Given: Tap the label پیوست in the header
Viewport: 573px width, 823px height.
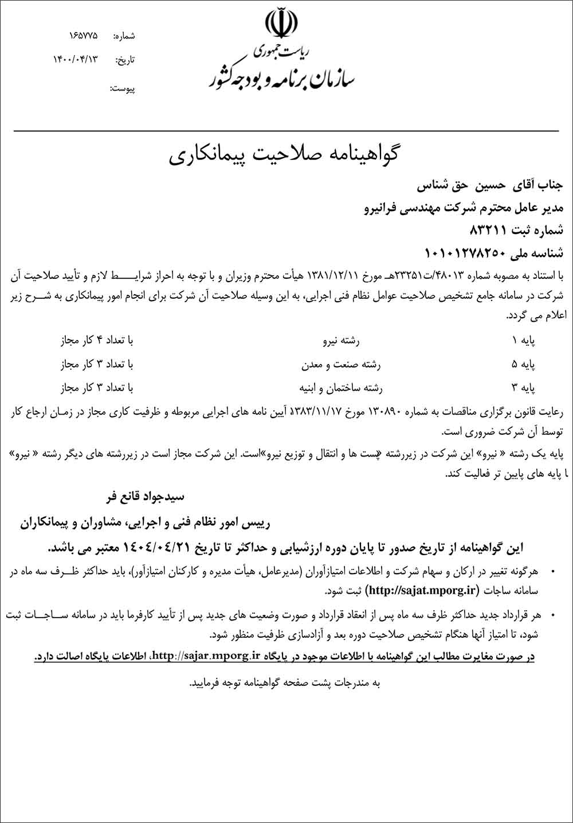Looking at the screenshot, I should [122, 89].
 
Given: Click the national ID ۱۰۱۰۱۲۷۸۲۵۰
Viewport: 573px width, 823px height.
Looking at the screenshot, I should [472, 252].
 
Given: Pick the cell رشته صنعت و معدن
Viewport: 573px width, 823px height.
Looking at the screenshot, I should [341, 364].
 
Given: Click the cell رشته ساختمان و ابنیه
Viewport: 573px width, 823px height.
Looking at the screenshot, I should [340, 388].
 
